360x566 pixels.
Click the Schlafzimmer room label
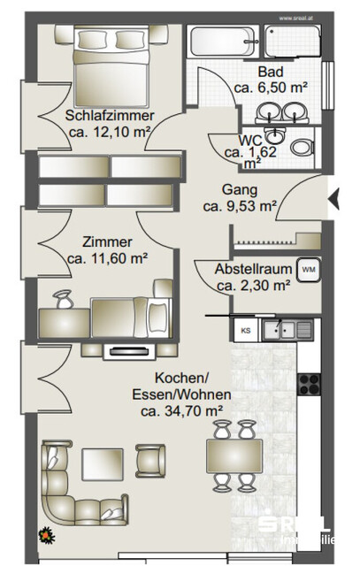click(x=109, y=116)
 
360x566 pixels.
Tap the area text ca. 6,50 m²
click(x=271, y=88)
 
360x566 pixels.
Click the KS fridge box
click(x=246, y=331)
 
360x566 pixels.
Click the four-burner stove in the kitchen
click(x=310, y=383)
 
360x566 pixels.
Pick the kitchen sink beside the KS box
click(x=285, y=331)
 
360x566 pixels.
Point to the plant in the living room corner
click(x=44, y=533)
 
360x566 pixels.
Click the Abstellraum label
click(x=254, y=269)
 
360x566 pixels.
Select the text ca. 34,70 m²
click(x=180, y=410)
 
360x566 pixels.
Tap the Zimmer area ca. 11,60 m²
click(x=107, y=258)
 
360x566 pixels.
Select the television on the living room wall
click(x=124, y=352)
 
